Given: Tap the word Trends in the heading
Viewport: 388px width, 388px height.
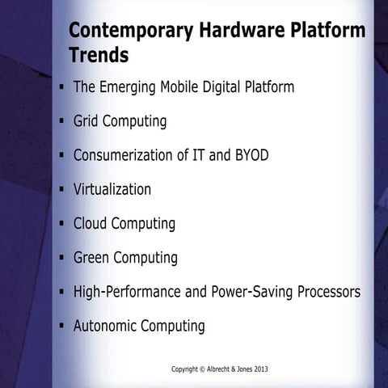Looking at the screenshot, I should coord(98,56).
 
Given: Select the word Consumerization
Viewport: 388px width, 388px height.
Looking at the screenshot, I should coord(128,155).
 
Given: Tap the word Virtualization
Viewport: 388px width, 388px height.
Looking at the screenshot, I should coord(112,189).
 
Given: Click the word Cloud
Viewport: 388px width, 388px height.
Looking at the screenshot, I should coord(90,223).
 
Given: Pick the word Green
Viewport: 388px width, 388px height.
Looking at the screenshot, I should coord(91,258).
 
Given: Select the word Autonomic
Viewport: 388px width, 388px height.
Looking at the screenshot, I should coord(105,327).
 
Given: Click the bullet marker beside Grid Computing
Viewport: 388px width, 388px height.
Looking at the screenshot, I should coord(62,122).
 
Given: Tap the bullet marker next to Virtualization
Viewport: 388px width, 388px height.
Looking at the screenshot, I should coord(62,190).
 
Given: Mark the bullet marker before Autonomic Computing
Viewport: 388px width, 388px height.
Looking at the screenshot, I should coord(62,327).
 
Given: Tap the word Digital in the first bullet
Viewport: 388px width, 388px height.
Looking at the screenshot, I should coord(225,86).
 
